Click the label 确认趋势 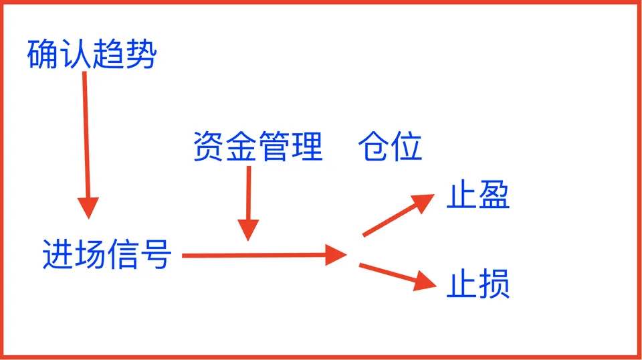pyautogui.click(x=92, y=54)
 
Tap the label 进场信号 pyautogui.click(x=107, y=254)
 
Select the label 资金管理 pyautogui.click(x=258, y=147)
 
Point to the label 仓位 pyautogui.click(x=390, y=147)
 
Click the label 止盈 pyautogui.click(x=477, y=195)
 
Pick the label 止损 pyautogui.click(x=477, y=284)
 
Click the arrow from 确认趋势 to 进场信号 pyautogui.click(x=86, y=145)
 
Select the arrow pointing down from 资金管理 pyautogui.click(x=248, y=203)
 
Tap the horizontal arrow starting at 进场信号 pyautogui.click(x=265, y=255)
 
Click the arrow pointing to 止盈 pyautogui.click(x=398, y=215)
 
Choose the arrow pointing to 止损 pyautogui.click(x=398, y=277)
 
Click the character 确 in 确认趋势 pyautogui.click(x=43, y=54)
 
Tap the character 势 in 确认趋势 pyautogui.click(x=141, y=54)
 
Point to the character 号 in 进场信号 pyautogui.click(x=156, y=254)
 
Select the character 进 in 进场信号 pyautogui.click(x=58, y=254)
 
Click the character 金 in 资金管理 pyautogui.click(x=241, y=147)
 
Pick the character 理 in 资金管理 pyautogui.click(x=308, y=147)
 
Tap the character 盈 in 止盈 pyautogui.click(x=494, y=195)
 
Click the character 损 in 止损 pyautogui.click(x=494, y=284)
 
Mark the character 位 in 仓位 pyautogui.click(x=407, y=147)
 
